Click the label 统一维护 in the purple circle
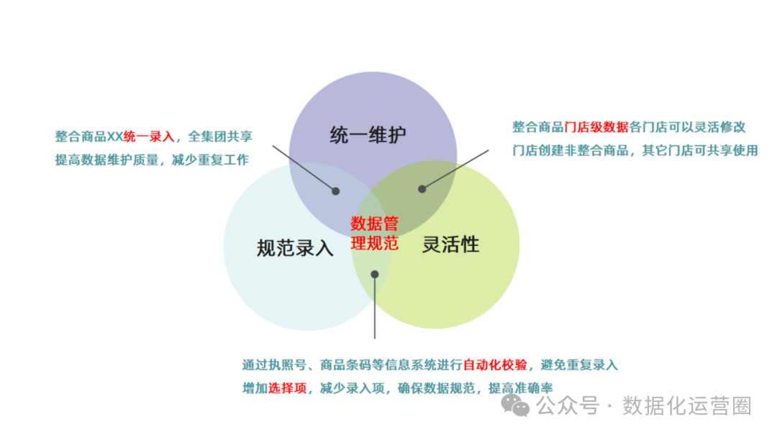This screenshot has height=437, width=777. [368, 135]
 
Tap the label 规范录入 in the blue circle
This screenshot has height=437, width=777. [295, 248]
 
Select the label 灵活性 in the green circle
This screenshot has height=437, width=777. [450, 244]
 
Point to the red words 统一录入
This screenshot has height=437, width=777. [149, 137]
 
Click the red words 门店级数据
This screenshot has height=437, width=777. [596, 127]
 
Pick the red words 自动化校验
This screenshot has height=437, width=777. [495, 365]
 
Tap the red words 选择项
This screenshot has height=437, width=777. [287, 388]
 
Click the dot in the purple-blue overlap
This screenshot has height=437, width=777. [335, 191]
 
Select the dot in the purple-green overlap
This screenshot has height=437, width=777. [422, 189]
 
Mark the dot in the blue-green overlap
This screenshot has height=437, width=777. [374, 274]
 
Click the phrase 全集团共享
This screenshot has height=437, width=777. [220, 137]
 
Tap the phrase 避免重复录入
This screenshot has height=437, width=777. [583, 365]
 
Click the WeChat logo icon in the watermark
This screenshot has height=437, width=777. [516, 406]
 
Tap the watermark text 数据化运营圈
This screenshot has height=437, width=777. [686, 406]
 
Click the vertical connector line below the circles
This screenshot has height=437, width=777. [374, 309]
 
